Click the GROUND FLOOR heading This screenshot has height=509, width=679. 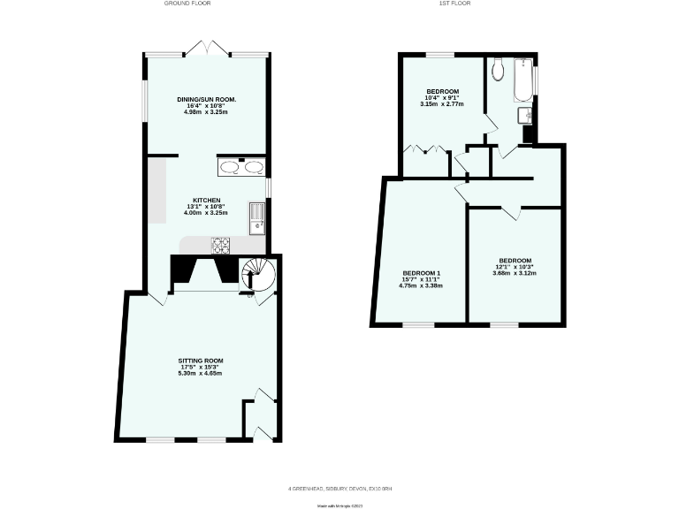tap(187, 4)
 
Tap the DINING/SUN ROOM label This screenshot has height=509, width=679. tap(205, 98)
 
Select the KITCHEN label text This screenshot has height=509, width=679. tap(206, 200)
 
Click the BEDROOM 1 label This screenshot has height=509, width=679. tap(422, 272)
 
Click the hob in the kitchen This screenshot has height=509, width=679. tap(220, 245)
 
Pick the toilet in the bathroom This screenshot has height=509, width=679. tap(499, 68)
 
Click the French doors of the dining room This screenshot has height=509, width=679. tap(208, 49)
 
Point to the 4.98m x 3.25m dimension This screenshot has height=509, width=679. tap(205, 112)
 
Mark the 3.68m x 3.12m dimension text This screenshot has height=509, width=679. tap(515, 273)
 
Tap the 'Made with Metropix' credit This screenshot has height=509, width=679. tap(340, 505)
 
